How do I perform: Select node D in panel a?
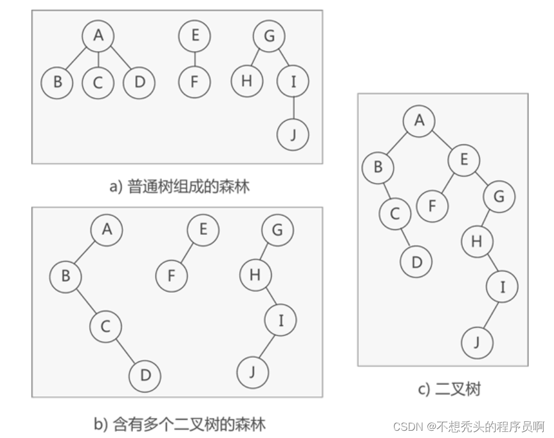pyautogui.click(x=139, y=81)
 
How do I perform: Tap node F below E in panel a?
pyautogui.click(x=194, y=81)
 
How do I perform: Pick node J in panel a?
pyautogui.click(x=293, y=134)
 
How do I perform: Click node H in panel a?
pyautogui.click(x=247, y=81)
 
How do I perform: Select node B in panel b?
pyautogui.click(x=66, y=276)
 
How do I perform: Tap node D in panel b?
pyautogui.click(x=145, y=375)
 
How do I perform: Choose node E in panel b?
pyautogui.click(x=203, y=230)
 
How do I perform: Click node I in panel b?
pyautogui.click(x=281, y=321)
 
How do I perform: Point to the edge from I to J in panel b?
pyautogui.click(x=267, y=347)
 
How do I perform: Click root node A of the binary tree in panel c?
pyautogui.click(x=420, y=120)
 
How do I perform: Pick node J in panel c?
pyautogui.click(x=477, y=342)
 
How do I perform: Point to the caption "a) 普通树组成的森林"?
pyautogui.click(x=179, y=186)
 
